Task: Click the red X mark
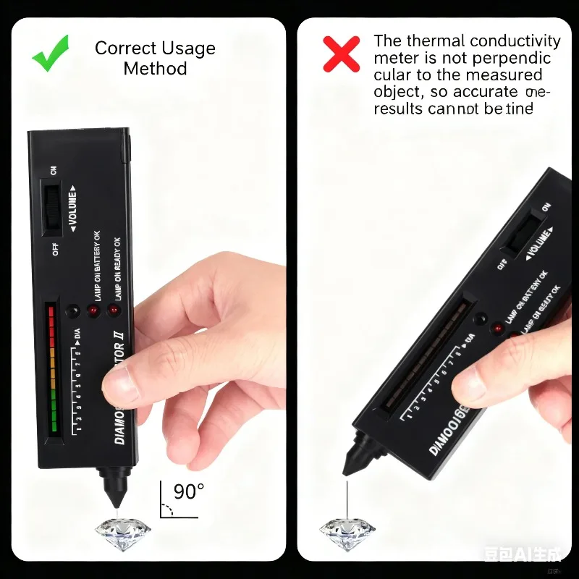pyautogui.click(x=341, y=54)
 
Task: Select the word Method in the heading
pyautogui.click(x=155, y=69)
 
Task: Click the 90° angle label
pyautogui.click(x=189, y=492)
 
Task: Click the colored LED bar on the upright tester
pyautogui.click(x=52, y=369)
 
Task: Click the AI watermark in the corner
pyautogui.click(x=523, y=554)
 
